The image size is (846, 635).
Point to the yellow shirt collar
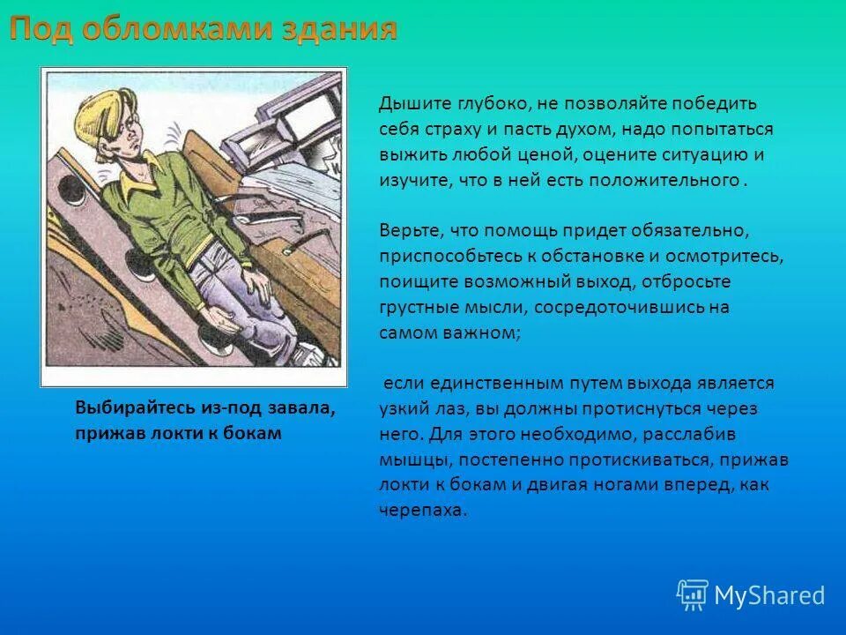coord(141,176)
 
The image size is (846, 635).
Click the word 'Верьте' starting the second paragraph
coord(411,231)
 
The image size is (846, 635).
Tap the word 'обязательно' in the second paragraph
coord(695,231)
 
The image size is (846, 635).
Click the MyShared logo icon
coord(692,595)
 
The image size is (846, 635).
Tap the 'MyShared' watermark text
coord(769,596)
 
